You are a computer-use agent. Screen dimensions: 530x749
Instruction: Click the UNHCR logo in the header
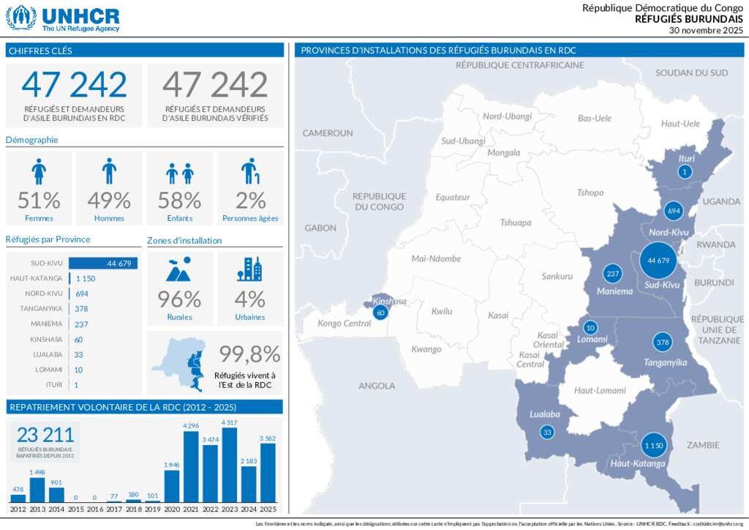point(63,18)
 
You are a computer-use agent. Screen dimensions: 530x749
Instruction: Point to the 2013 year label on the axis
point(37,509)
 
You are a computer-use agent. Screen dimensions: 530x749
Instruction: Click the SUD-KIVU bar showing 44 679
point(103,264)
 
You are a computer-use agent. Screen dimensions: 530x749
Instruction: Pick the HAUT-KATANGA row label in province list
point(37,279)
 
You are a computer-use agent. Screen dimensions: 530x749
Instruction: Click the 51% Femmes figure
point(39,200)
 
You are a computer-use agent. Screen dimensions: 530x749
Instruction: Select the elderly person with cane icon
point(249,171)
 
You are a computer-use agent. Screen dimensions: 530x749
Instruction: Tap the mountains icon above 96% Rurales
point(179,269)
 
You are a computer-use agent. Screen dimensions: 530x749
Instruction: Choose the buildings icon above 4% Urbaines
point(249,269)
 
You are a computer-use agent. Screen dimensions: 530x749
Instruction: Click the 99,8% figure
point(250,354)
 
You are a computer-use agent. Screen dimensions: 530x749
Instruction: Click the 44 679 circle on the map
point(658,260)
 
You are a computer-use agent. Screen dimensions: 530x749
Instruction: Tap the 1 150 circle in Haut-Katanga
point(652,445)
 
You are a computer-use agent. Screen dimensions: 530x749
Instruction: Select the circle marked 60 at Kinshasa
point(380,313)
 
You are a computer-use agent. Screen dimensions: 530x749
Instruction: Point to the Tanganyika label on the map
point(665,362)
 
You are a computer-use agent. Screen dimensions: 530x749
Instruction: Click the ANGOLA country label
point(377,386)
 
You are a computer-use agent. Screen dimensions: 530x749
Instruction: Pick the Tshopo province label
point(590,193)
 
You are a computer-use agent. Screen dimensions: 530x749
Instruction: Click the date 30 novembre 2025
point(706,30)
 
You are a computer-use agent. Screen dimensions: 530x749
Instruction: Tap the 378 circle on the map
point(663,343)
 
